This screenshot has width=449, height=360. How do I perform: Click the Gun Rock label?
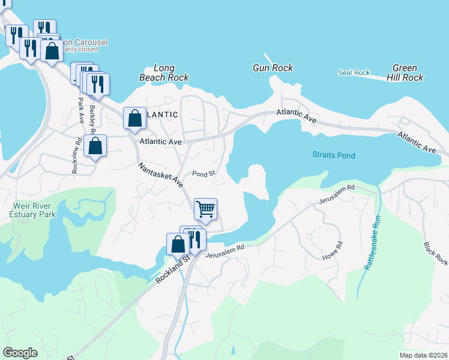pos(273,68)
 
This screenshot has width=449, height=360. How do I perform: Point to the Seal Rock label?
pos(354,73)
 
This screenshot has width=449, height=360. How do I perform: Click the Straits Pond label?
pos(334,155)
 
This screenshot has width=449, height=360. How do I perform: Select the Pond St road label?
pos(203,174)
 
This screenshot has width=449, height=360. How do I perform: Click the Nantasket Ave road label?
pos(160,174)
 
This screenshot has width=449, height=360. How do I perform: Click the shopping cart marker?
pos(205,209)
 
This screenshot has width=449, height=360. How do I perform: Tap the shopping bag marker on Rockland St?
pos(178,244)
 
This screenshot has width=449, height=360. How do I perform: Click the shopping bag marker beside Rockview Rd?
pos(95,146)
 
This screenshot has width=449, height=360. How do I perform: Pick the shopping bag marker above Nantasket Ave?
pos(134,118)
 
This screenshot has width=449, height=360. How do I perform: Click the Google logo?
pos(20,353)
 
